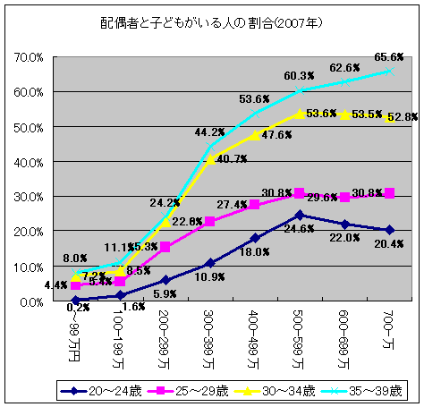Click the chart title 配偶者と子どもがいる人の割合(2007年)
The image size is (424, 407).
pyautogui.click(x=211, y=20)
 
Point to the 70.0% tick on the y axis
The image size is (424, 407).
pyautogui.click(x=32, y=57)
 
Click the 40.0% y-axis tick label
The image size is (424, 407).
pyautogui.click(x=32, y=162)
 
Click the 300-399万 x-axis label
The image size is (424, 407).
pyautogui.click(x=209, y=338)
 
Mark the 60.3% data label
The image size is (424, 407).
pyautogui.click(x=299, y=75)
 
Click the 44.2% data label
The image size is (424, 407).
pyautogui.click(x=210, y=132)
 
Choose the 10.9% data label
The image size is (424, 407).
pyautogui.click(x=209, y=277)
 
